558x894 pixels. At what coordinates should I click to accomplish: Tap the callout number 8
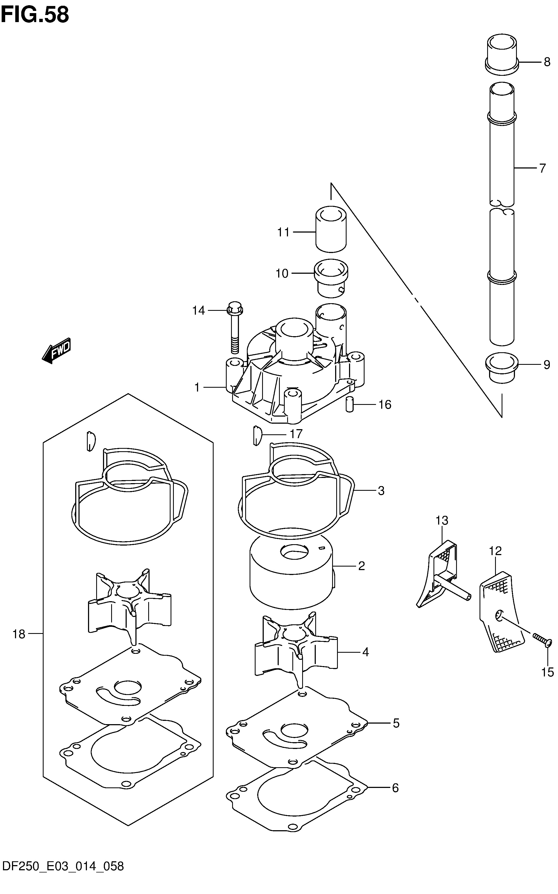(547, 62)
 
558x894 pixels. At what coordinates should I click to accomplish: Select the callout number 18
(19, 634)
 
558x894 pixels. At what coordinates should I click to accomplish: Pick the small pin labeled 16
(350, 404)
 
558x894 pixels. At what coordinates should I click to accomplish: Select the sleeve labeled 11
(331, 229)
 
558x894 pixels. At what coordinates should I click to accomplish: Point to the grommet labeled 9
(502, 368)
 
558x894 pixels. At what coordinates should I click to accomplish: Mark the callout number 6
(395, 788)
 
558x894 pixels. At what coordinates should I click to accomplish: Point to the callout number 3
(381, 491)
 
